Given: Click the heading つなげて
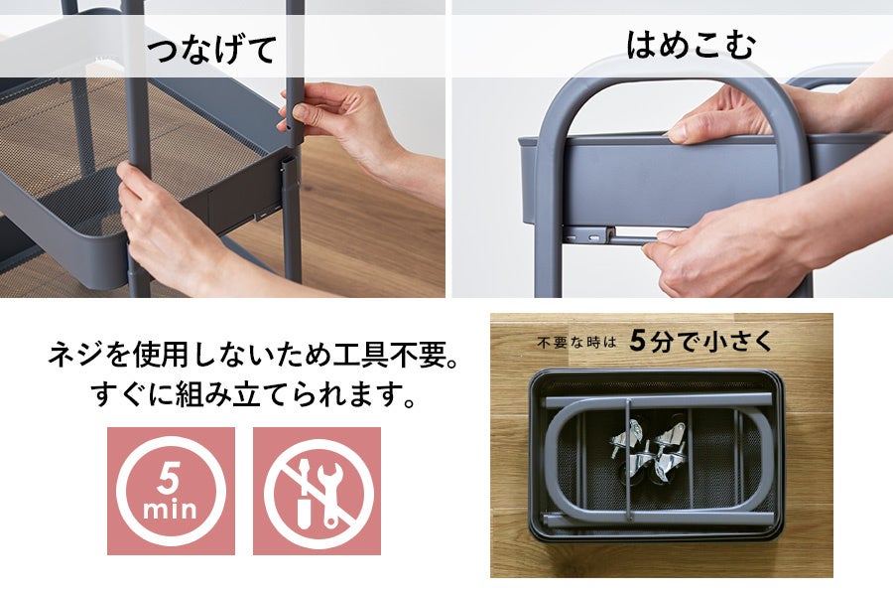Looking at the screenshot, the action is [x=212, y=49].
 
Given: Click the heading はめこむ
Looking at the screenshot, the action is [x=691, y=45].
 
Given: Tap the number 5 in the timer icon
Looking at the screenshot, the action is [x=169, y=478].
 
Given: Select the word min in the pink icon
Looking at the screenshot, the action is [x=170, y=509].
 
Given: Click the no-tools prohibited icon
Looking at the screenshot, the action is [x=317, y=491].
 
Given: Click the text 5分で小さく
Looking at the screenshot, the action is [x=702, y=342].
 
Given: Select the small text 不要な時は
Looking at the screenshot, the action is [x=576, y=342].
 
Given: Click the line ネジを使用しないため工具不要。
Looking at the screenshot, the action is [x=253, y=355].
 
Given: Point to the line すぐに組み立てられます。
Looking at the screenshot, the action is [x=253, y=394].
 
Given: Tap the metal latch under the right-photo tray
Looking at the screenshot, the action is [x=592, y=234].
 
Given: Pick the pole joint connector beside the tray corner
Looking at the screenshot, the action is [x=289, y=171].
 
